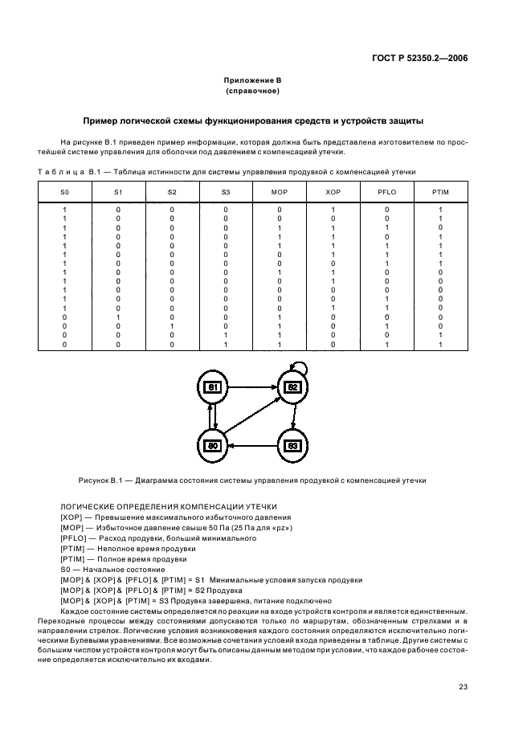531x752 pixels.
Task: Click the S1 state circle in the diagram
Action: click(x=214, y=387)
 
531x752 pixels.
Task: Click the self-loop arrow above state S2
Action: click(x=299, y=366)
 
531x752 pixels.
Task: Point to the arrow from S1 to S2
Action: click(x=253, y=387)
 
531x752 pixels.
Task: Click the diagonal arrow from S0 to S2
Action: click(x=253, y=416)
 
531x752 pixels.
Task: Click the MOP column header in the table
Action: click(x=279, y=191)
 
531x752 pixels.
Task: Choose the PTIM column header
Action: click(x=440, y=191)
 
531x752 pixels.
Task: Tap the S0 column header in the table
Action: click(x=65, y=191)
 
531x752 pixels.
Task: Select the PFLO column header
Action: click(x=386, y=191)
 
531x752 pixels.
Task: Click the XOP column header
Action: click(x=333, y=191)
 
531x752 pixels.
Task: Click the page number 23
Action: click(x=463, y=687)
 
